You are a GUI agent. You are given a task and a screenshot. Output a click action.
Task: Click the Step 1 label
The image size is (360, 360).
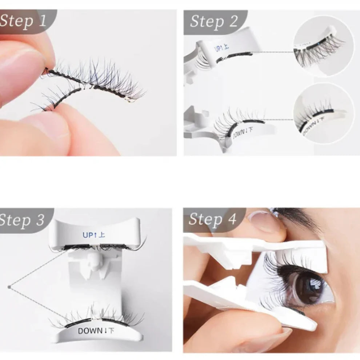(23, 21)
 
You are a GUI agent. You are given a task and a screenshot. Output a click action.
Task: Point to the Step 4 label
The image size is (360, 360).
(212, 219)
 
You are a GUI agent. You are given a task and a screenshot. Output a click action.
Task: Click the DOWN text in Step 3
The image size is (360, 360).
(90, 331)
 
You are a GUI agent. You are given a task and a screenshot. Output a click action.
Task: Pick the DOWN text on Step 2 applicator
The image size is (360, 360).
(238, 133)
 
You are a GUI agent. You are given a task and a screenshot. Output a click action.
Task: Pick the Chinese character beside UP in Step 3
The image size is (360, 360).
(102, 235)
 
